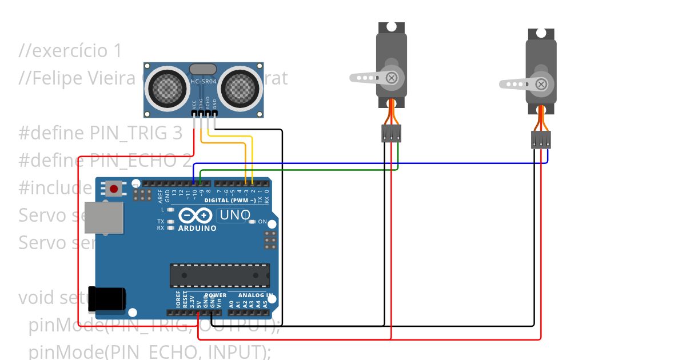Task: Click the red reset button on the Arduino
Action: click(x=114, y=188)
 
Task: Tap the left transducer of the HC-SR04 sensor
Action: click(x=167, y=87)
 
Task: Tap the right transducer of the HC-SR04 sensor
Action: click(x=240, y=87)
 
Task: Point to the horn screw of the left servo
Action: click(x=392, y=78)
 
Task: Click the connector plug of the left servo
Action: click(x=392, y=134)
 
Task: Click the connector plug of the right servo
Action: click(x=541, y=140)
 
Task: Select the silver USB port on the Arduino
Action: click(x=103, y=218)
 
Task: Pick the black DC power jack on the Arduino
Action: click(x=107, y=299)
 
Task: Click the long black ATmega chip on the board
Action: click(x=220, y=275)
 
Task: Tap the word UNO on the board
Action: click(x=235, y=215)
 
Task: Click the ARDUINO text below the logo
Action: click(x=198, y=229)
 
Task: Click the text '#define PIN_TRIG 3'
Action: click(x=101, y=133)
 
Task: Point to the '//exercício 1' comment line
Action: click(x=70, y=51)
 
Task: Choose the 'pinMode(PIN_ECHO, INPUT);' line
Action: click(x=150, y=352)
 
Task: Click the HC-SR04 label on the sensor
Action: click(x=204, y=82)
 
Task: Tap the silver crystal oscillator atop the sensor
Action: click(x=203, y=70)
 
